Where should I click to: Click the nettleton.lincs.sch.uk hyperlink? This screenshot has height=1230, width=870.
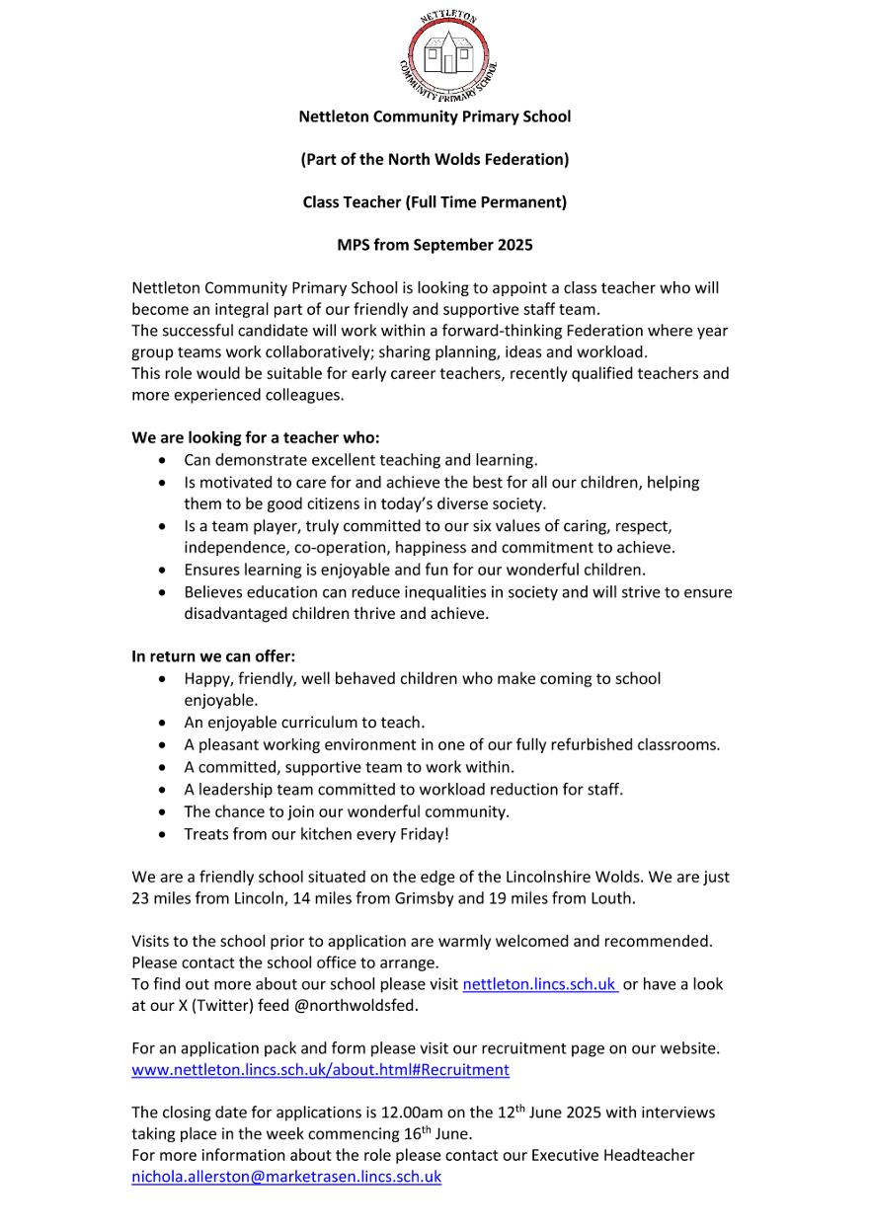pyautogui.click(x=539, y=984)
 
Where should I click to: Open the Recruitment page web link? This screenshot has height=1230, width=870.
pyautogui.click(x=320, y=1069)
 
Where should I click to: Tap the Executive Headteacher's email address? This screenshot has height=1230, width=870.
pyautogui.click(x=286, y=1177)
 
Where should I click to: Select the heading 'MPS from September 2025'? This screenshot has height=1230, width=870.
pyautogui.click(x=435, y=245)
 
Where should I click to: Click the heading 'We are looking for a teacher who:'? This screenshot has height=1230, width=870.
pyautogui.click(x=256, y=437)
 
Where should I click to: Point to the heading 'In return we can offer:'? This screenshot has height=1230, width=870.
pyautogui.click(x=213, y=655)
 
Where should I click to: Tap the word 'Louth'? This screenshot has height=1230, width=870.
pyautogui.click(x=611, y=898)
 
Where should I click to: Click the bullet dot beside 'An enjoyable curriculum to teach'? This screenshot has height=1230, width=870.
pyautogui.click(x=163, y=724)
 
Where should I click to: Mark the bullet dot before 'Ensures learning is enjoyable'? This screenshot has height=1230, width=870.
pyautogui.click(x=163, y=571)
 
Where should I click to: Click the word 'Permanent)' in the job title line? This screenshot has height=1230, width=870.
pyautogui.click(x=528, y=202)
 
